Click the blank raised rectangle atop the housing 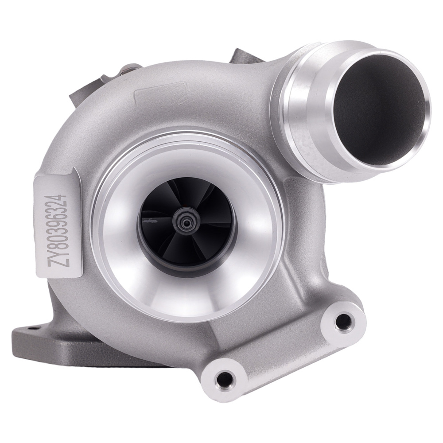pos(157,96)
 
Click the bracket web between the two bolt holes pos(284,350)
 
